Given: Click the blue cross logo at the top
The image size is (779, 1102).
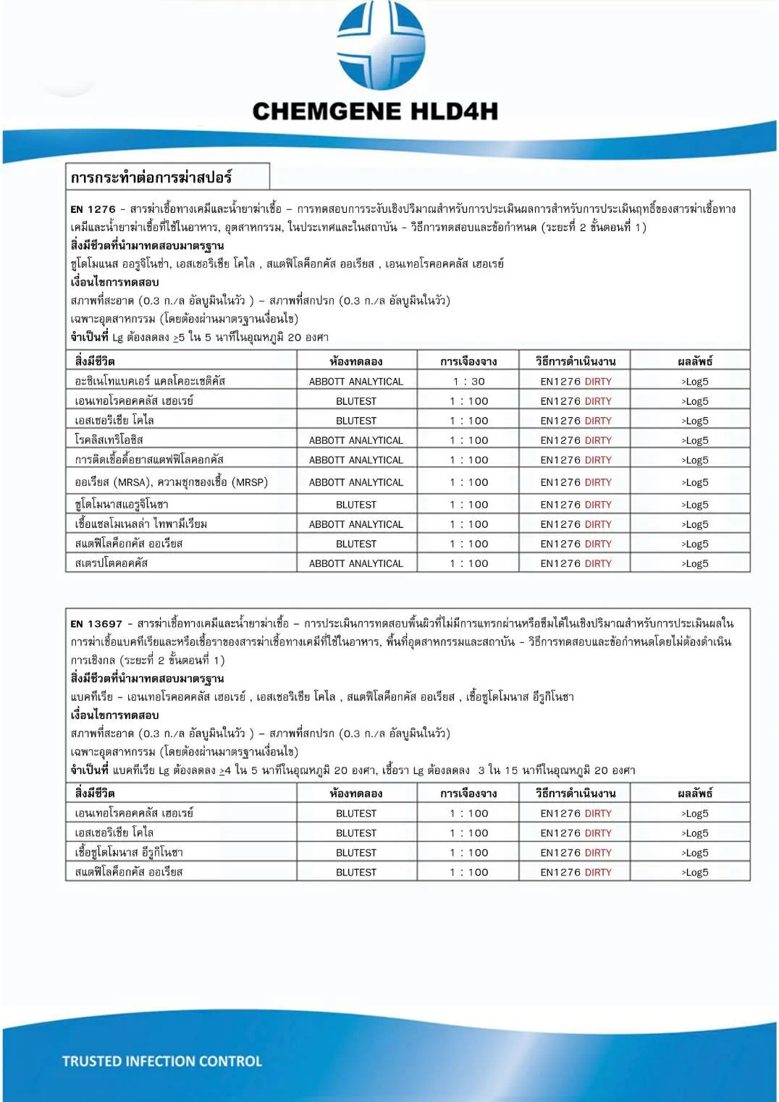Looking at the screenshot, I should (x=381, y=45).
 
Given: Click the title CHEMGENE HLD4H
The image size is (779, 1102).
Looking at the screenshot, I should (x=375, y=112).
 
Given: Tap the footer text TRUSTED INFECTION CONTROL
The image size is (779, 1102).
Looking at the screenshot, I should (x=162, y=1061).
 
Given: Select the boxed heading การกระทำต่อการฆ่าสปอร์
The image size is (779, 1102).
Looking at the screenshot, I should (x=151, y=177).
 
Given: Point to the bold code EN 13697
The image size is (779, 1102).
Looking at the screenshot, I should (x=96, y=623).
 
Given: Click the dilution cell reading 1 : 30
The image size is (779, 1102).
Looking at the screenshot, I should (x=468, y=382).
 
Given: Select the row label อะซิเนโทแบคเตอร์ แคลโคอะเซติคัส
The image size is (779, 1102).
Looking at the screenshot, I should (x=150, y=381).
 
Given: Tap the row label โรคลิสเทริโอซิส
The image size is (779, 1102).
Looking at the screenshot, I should (x=109, y=439).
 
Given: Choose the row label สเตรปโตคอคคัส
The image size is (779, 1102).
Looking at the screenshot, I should (x=111, y=563).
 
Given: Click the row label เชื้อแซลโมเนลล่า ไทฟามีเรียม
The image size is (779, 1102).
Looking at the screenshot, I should (x=141, y=523).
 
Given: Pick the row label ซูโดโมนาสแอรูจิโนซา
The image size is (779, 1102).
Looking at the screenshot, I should (x=122, y=504).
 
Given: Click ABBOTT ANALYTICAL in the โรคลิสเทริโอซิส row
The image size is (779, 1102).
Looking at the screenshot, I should (x=356, y=440).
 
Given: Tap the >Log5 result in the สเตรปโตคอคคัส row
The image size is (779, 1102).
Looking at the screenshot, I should (x=694, y=563).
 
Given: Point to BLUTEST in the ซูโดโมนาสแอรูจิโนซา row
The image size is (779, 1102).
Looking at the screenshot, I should (x=356, y=505).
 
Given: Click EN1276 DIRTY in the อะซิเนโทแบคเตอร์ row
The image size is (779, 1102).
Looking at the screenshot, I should (x=576, y=382).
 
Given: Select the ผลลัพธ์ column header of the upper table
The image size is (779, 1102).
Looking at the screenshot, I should (x=695, y=361).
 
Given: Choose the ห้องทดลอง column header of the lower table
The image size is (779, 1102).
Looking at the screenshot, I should (x=356, y=793).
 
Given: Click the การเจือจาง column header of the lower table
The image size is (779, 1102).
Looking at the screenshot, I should (x=468, y=793).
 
